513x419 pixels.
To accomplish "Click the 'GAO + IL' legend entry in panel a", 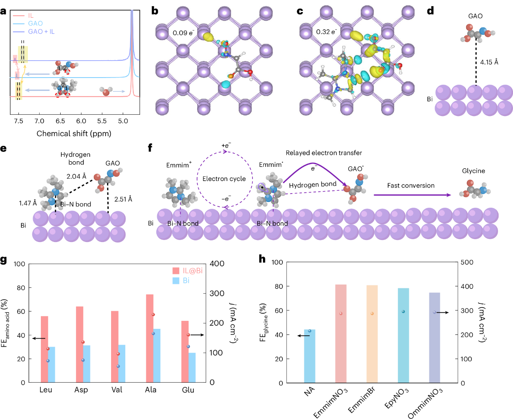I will (x=41, y=32).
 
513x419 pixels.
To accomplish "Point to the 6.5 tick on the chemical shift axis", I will (x=60, y=121).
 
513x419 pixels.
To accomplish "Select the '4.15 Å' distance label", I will (x=489, y=62).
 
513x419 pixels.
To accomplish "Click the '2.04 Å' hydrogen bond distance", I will (x=76, y=176).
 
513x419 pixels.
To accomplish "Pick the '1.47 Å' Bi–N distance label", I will (x=28, y=203).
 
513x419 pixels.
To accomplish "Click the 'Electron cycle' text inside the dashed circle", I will (x=224, y=179).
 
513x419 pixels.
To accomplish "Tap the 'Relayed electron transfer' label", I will (x=324, y=153).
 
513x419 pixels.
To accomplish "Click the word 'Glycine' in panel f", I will (x=473, y=171).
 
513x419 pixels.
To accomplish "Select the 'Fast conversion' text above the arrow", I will (x=410, y=185).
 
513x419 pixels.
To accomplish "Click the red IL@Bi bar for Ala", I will (x=149, y=338).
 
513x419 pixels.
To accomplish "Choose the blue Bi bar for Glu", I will (x=192, y=367).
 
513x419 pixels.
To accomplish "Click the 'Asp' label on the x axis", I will (x=81, y=390).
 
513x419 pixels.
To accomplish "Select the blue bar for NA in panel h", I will (x=309, y=356).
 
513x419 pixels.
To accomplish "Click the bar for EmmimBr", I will (x=372, y=334).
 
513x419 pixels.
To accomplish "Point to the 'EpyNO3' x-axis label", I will (x=397, y=399).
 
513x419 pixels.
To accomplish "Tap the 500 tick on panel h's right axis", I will (x=467, y=262).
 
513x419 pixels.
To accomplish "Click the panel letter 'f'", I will (x=150, y=148).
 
